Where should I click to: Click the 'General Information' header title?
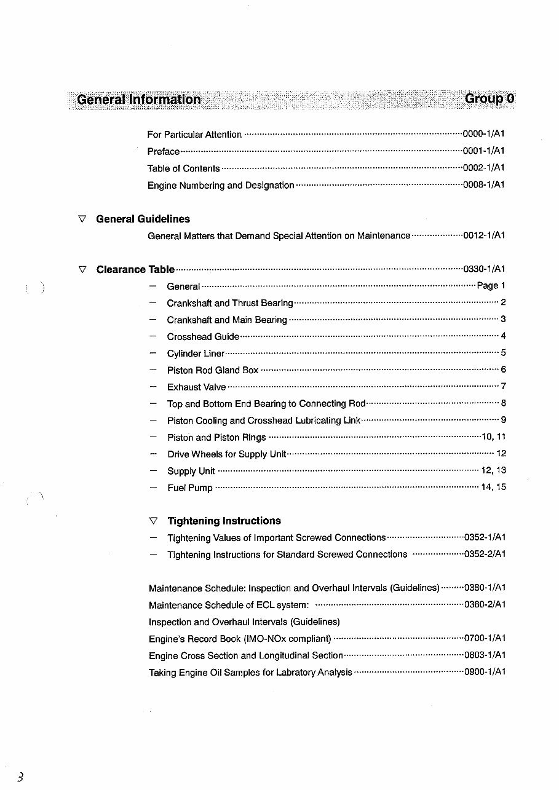tap(139, 100)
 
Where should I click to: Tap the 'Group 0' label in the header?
tap(490, 99)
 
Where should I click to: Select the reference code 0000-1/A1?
tap(484, 134)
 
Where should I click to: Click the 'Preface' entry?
tap(164, 151)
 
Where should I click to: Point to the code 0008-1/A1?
tap(484, 184)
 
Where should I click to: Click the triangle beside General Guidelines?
tap(82, 219)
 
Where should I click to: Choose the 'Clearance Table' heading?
tap(135, 269)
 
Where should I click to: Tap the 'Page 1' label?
tap(491, 286)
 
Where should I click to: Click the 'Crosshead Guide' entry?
tap(203, 337)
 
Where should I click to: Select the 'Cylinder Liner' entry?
tap(196, 354)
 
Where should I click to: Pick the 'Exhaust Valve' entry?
tap(196, 387)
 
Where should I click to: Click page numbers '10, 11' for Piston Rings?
tap(493, 437)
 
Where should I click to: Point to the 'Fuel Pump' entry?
tap(190, 488)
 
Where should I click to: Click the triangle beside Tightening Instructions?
tap(154, 521)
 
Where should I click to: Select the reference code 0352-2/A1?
tap(485, 555)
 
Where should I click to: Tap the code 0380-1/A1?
tap(485, 588)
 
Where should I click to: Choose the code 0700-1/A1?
tap(485, 639)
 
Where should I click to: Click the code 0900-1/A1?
tap(485, 673)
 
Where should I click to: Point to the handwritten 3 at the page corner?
tap(20, 777)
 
